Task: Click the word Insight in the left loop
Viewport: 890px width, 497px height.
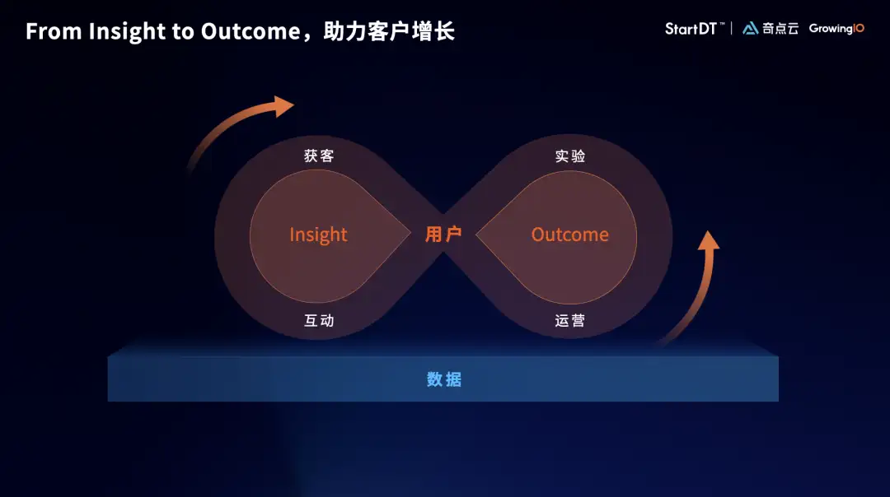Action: coord(318,235)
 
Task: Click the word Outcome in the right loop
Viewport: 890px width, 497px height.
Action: coord(570,234)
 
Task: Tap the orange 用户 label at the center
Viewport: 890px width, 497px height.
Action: coord(443,234)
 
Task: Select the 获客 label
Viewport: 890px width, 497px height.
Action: coord(319,156)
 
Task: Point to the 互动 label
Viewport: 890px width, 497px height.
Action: coord(319,321)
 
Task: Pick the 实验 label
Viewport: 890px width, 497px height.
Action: coord(570,156)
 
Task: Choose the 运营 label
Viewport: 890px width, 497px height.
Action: coord(570,321)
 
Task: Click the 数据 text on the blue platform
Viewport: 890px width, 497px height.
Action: coord(444,379)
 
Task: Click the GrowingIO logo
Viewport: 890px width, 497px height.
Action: coord(836,28)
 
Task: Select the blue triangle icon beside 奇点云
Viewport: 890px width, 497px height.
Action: coord(751,28)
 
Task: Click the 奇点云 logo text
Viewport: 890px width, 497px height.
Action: coord(780,28)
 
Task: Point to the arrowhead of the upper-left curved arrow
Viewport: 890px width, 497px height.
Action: coord(283,106)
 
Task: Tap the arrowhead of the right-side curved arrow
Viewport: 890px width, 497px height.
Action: coord(709,240)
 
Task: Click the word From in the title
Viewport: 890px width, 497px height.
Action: coord(54,31)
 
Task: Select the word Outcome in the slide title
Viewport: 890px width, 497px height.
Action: coord(251,31)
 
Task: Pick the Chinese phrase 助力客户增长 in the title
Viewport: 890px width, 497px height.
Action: coord(389,31)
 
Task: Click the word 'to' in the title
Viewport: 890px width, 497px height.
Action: coord(183,32)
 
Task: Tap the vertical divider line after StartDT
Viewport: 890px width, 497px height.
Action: coord(732,28)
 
